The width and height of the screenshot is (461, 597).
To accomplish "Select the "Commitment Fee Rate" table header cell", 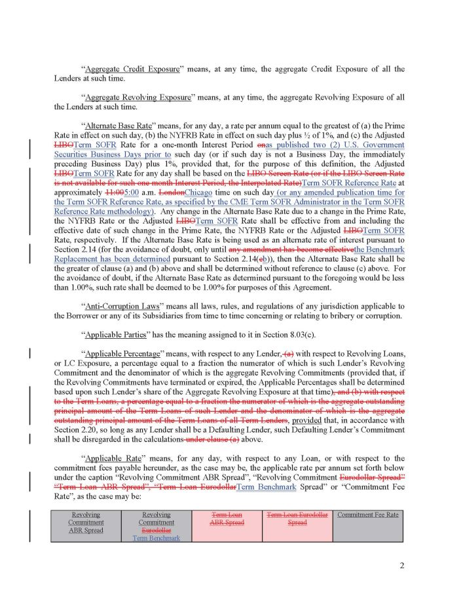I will (x=367, y=514).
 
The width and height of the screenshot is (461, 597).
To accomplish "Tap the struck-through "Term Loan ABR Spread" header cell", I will (x=227, y=518).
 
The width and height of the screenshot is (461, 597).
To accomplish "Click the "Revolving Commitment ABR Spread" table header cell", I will (x=86, y=522).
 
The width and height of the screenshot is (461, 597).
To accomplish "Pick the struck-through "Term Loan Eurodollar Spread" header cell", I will (x=297, y=518).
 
